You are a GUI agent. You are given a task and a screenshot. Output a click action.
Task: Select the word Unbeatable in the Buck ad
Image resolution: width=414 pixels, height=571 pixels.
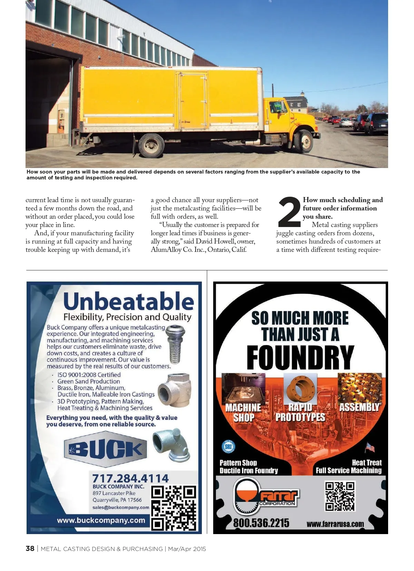pyautogui.click(x=129, y=301)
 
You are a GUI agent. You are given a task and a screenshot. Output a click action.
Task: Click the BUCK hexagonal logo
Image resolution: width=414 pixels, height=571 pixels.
pyautogui.click(x=106, y=449)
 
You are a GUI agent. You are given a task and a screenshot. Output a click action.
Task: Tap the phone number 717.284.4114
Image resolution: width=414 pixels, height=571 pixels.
pyautogui.click(x=130, y=478)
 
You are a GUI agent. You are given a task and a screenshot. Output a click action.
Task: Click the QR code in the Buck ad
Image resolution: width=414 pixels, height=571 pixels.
pyautogui.click(x=174, y=508)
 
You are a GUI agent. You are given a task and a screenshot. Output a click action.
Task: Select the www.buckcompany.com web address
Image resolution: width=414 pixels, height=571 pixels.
pyautogui.click(x=101, y=520)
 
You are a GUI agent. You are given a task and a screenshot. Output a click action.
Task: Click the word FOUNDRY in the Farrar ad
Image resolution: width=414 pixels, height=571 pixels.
pyautogui.click(x=300, y=357)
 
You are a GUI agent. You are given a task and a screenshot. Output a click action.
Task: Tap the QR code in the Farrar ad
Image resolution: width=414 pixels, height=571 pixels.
pyautogui.click(x=340, y=496)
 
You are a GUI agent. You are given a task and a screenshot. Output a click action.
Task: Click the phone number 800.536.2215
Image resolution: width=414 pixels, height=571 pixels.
pyautogui.click(x=261, y=523)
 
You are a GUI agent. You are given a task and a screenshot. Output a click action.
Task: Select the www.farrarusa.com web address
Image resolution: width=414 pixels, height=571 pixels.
pyautogui.click(x=335, y=524)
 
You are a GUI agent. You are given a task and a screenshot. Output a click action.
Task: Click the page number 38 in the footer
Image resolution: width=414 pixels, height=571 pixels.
pyautogui.click(x=30, y=549)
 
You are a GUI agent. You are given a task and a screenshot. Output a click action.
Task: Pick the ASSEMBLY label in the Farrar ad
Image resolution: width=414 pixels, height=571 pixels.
pyautogui.click(x=359, y=407)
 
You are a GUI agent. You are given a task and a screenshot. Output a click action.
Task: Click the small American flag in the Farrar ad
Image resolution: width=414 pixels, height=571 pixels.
pyautogui.click(x=370, y=447)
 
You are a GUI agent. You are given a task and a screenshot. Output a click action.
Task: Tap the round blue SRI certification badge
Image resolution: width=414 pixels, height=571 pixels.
pyautogui.click(x=228, y=447)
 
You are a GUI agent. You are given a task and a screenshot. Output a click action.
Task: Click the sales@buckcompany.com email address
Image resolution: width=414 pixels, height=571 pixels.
pyautogui.click(x=121, y=508)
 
